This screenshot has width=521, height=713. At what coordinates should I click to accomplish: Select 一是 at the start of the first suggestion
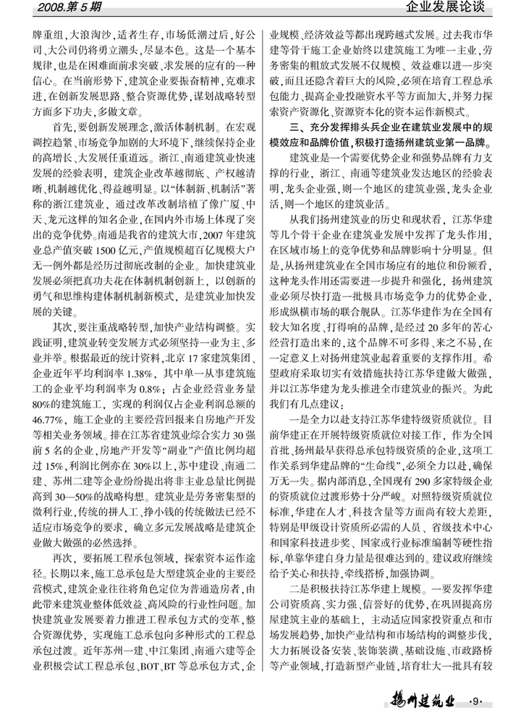(300, 418)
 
